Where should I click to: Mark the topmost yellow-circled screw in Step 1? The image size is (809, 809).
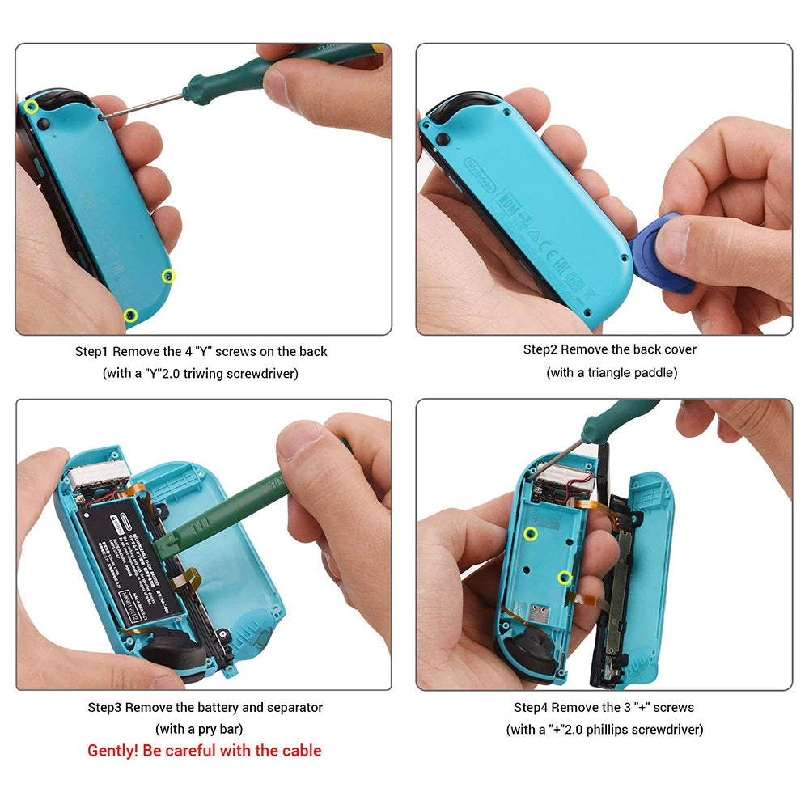32,107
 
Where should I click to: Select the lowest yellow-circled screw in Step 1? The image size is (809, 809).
130,314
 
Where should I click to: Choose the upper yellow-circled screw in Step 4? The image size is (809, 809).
530,533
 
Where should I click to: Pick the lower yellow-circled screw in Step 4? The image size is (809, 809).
565,577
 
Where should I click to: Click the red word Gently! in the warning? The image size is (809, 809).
113,751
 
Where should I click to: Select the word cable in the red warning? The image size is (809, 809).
302,751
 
